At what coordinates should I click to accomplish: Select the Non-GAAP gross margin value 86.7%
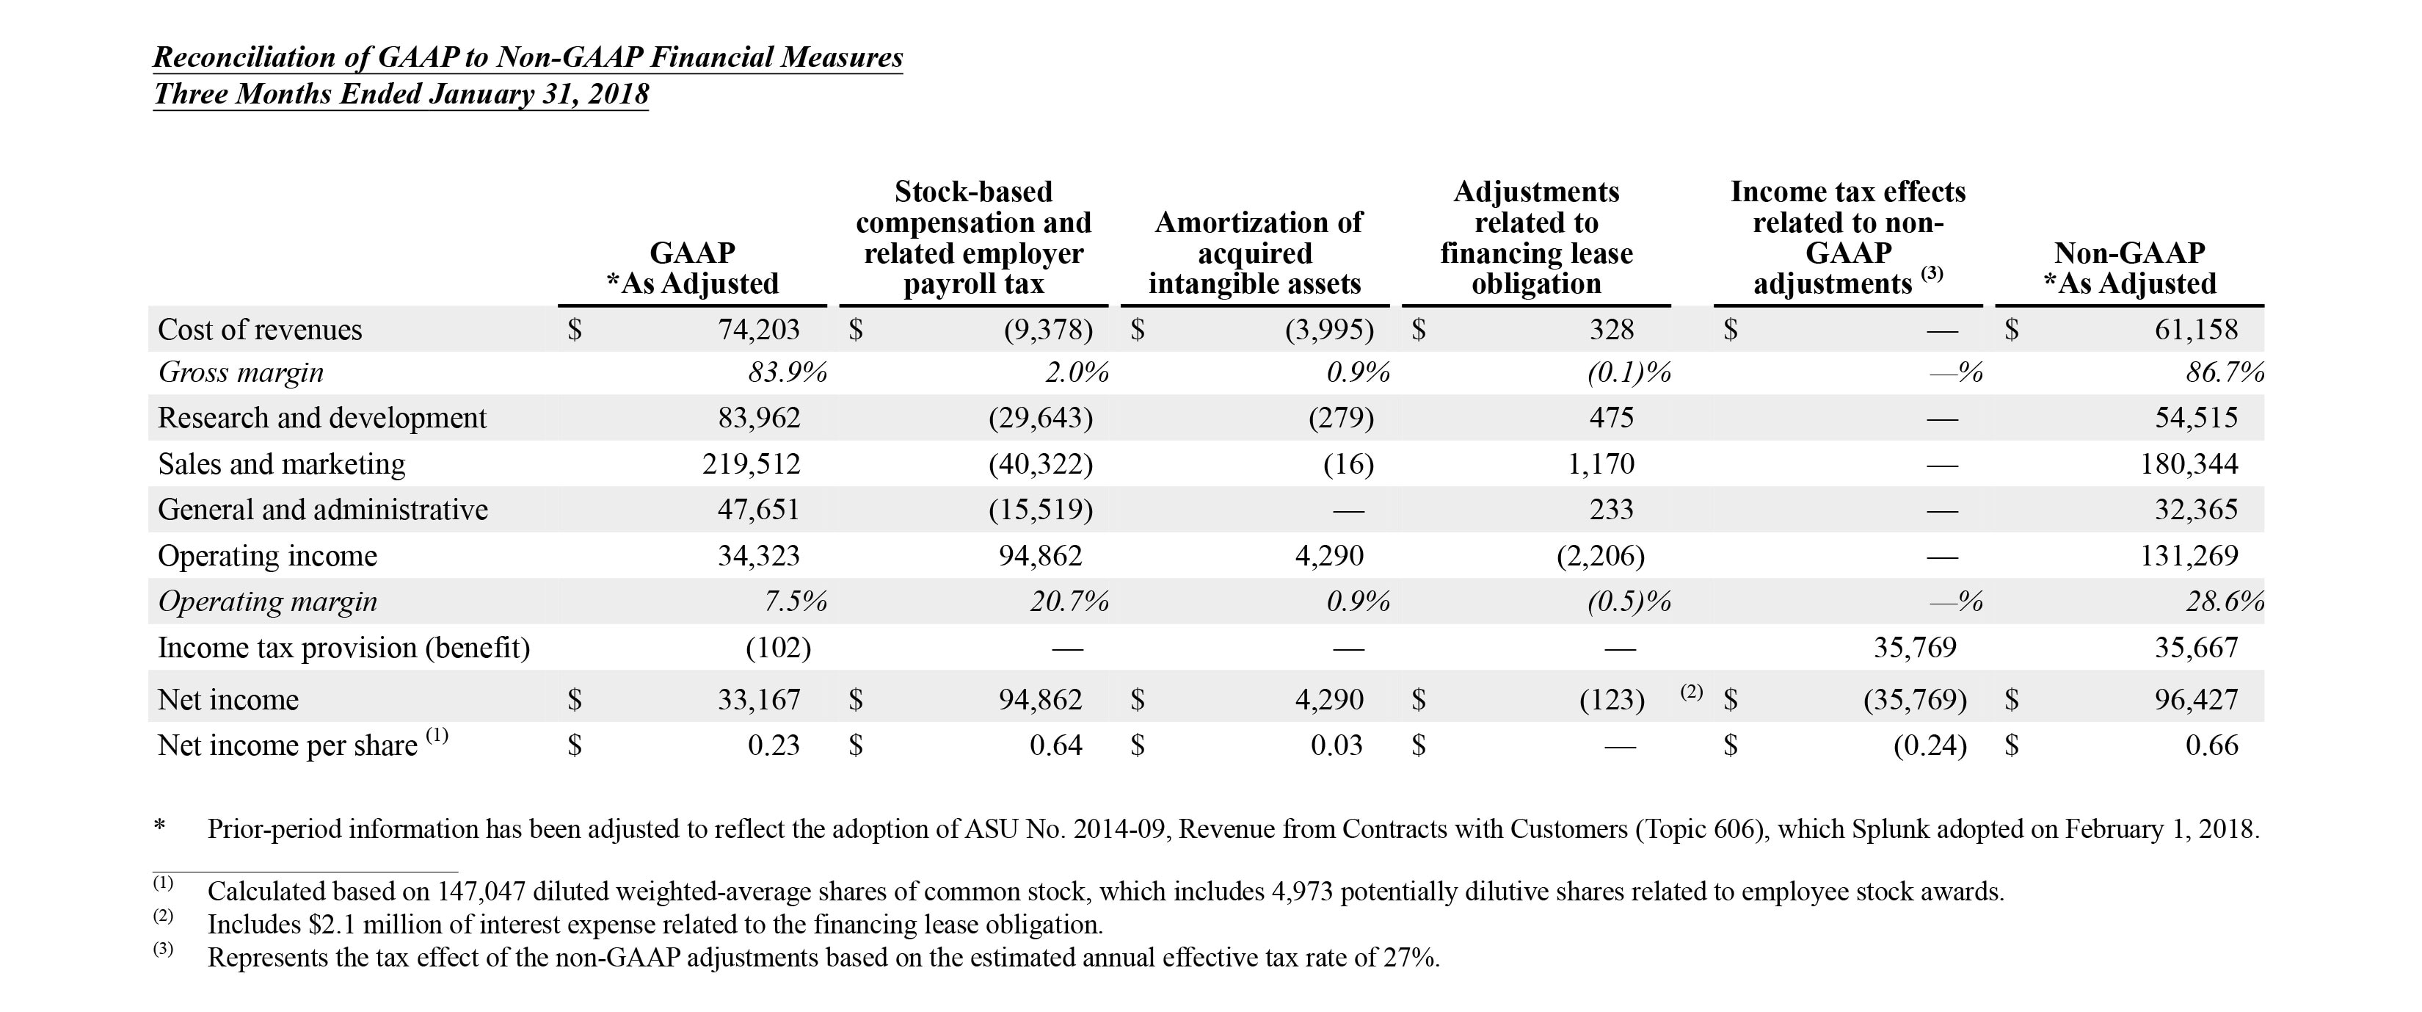2224,372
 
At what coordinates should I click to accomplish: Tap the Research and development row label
321,418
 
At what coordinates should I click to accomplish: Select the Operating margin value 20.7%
1069,601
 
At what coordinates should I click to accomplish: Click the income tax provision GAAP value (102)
777,648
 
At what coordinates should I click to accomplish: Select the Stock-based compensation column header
973,238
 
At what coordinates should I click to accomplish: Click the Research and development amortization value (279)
1341,418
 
